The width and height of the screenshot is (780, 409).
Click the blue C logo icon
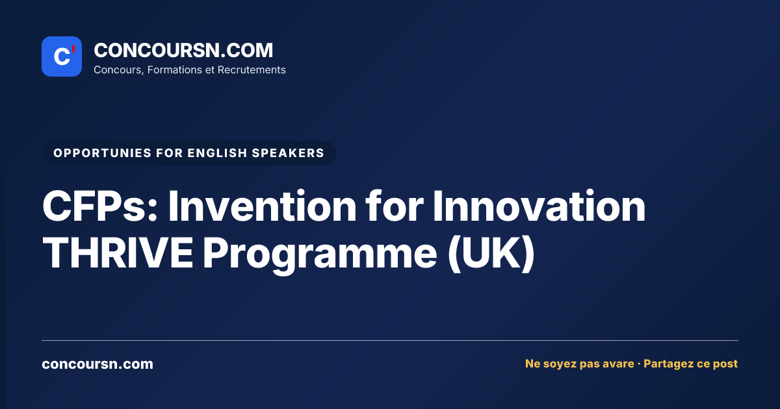(x=62, y=56)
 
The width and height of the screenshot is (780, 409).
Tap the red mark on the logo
(x=73, y=49)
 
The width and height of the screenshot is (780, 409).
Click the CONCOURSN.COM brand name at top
(x=183, y=50)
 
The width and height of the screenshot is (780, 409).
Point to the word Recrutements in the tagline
(x=252, y=70)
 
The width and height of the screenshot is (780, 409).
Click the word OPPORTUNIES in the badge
(x=103, y=153)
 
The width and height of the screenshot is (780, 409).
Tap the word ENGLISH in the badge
(x=217, y=153)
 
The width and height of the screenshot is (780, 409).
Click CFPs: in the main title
(x=100, y=206)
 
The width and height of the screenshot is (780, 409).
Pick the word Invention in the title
(x=262, y=206)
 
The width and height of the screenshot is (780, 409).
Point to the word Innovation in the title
(x=539, y=206)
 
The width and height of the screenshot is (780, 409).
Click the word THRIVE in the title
(x=118, y=253)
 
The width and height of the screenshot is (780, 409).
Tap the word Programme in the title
(x=320, y=256)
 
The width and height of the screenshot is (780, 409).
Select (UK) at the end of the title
(x=491, y=254)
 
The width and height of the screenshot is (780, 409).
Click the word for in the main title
(x=395, y=206)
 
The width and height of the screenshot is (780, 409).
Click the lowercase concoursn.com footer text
(x=97, y=364)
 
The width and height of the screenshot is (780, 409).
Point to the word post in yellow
(x=725, y=364)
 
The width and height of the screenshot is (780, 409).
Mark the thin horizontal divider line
(x=390, y=340)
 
